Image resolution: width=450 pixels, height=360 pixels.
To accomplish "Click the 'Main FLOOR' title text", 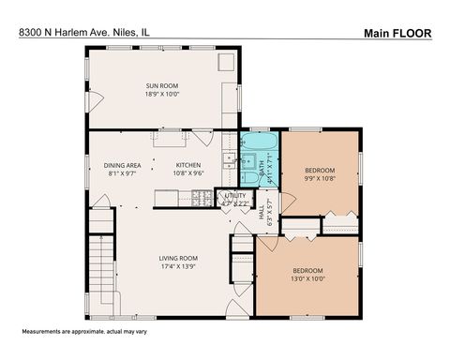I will [x=397, y=33].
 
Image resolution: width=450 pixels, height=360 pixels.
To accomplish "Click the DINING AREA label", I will [x=122, y=165].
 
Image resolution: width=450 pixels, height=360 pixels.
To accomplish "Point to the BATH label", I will [x=262, y=168].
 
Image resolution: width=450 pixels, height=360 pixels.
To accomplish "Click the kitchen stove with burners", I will [x=199, y=198].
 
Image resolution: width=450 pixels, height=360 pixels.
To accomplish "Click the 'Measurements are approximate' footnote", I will [x=74, y=334].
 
